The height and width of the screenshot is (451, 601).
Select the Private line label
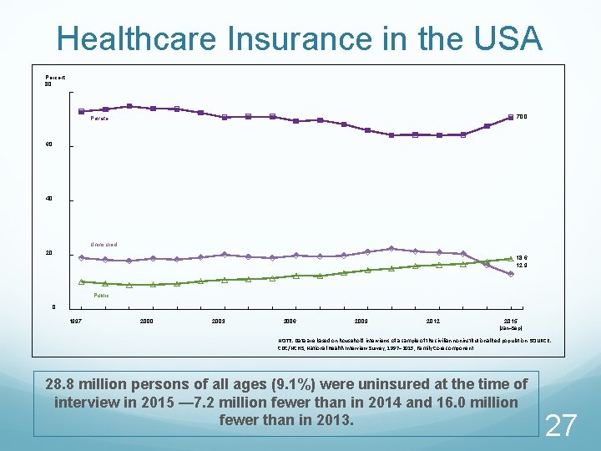click(99, 119)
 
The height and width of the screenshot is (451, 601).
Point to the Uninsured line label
click(104, 244)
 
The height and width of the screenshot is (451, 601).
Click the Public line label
click(101, 295)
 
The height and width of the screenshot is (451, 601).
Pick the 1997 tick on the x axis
click(75, 321)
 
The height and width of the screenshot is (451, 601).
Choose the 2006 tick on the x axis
click(290, 321)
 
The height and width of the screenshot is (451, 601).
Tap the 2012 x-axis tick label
click(433, 321)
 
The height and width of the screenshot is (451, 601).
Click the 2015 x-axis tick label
click(510, 321)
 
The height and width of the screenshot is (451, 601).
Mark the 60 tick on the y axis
click(48, 144)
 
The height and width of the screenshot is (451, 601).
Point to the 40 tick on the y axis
click(48, 199)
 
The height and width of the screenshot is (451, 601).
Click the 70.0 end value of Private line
click(522, 117)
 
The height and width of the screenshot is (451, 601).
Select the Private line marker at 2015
click(510, 118)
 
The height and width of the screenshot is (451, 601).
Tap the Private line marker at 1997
click(81, 111)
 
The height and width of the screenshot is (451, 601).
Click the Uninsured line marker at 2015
click(510, 274)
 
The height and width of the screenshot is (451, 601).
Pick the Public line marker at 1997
click(81, 282)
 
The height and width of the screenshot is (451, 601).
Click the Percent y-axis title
click(56, 77)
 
